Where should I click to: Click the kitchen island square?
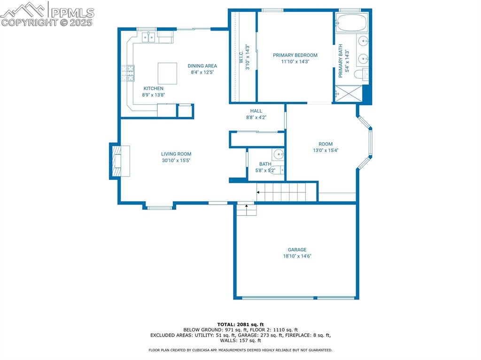(167, 73)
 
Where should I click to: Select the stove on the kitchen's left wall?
(128, 73)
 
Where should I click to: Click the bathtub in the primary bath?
(352, 23)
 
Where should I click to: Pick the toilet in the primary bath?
(361, 74)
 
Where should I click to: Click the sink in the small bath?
(279, 153)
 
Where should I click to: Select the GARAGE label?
(297, 250)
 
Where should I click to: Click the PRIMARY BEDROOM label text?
(295, 55)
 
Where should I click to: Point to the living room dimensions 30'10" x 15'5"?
(176, 161)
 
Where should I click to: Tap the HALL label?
(256, 111)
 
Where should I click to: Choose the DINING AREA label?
(202, 66)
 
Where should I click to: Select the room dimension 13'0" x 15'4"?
(326, 151)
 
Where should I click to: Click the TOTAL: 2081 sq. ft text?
(240, 324)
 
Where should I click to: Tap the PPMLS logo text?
(72, 13)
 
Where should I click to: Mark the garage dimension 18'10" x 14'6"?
(297, 256)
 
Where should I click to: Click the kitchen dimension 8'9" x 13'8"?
(154, 95)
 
